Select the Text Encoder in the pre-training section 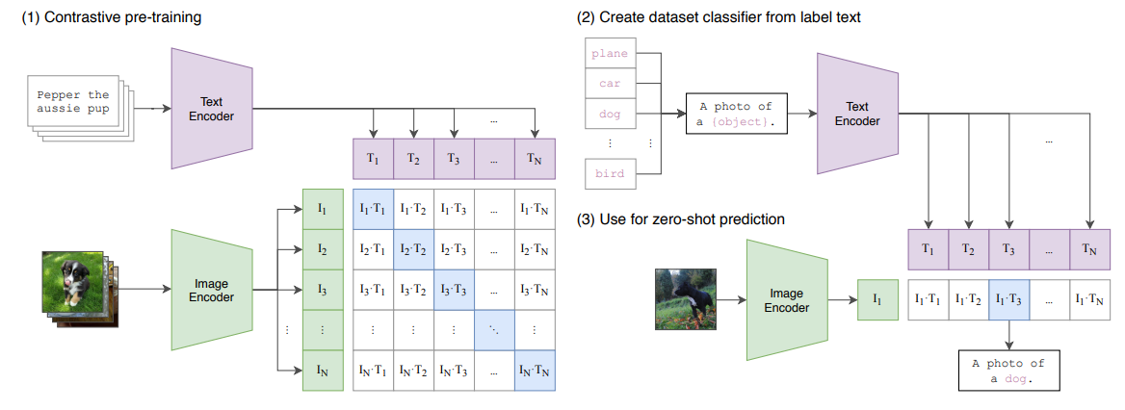click(212, 109)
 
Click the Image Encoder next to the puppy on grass click(211, 290)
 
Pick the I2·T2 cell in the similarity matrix click(413, 249)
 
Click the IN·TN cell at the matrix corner click(536, 370)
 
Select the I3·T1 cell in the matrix click(373, 289)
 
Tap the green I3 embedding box click(322, 289)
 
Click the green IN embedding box click(322, 370)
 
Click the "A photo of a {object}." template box click(736, 114)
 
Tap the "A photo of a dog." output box click(1008, 372)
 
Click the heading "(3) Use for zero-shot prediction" click(681, 219)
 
